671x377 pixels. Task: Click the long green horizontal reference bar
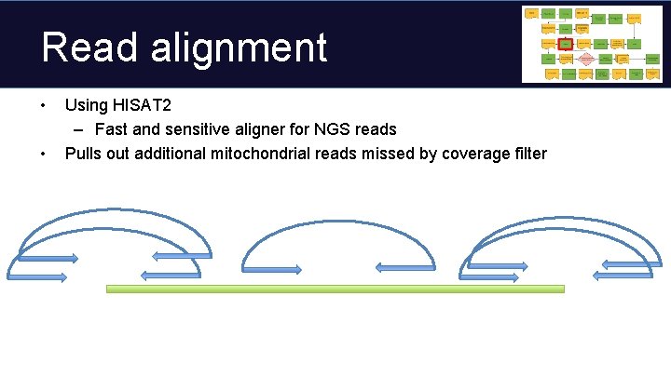tap(335, 289)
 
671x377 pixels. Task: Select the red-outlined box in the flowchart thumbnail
tap(566, 43)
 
